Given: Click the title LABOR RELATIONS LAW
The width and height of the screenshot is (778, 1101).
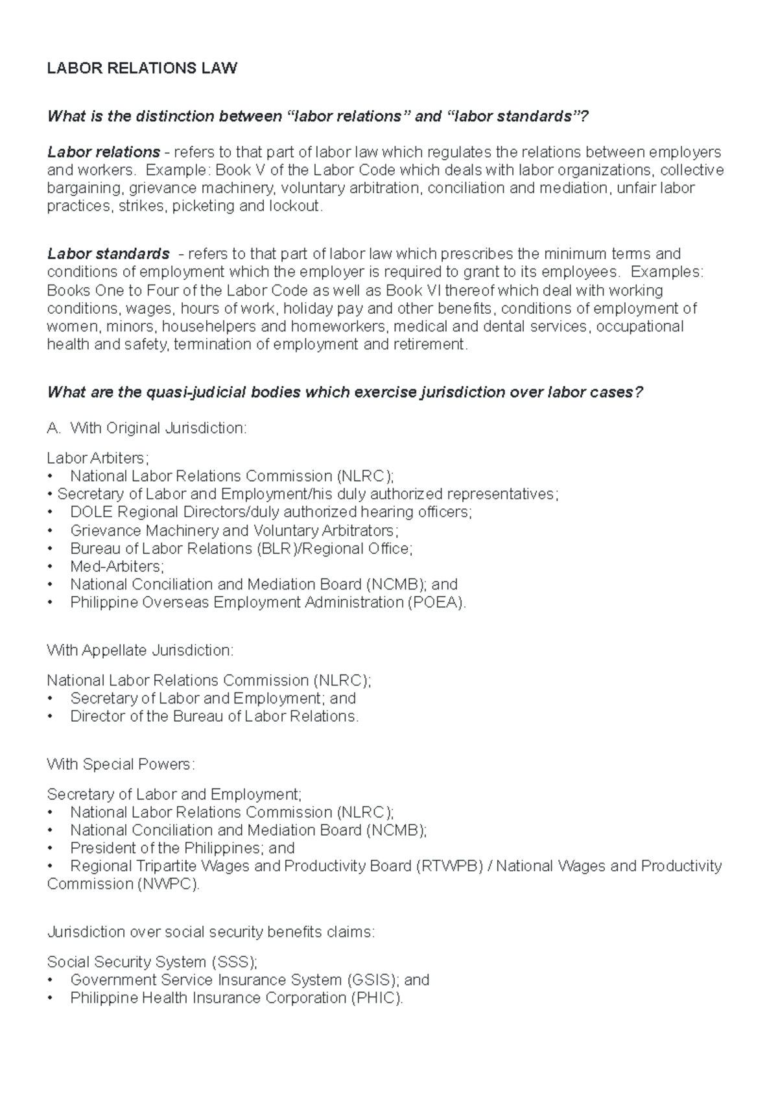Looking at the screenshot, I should tap(142, 68).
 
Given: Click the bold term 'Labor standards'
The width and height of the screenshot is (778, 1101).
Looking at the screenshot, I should tap(108, 254).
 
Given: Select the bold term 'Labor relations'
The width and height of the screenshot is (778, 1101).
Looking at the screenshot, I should tap(104, 152).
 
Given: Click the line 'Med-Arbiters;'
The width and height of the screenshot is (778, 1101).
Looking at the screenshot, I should tap(117, 566).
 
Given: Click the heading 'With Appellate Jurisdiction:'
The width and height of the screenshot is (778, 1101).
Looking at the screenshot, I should tap(140, 650).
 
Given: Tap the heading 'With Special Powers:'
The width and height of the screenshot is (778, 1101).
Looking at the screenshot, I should tap(121, 764).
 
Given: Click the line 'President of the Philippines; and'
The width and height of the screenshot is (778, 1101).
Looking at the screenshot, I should tap(182, 848).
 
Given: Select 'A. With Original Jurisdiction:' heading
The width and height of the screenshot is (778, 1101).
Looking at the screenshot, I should tap(147, 428).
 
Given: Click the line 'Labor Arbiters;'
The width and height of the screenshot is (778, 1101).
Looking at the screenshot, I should tap(98, 458).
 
